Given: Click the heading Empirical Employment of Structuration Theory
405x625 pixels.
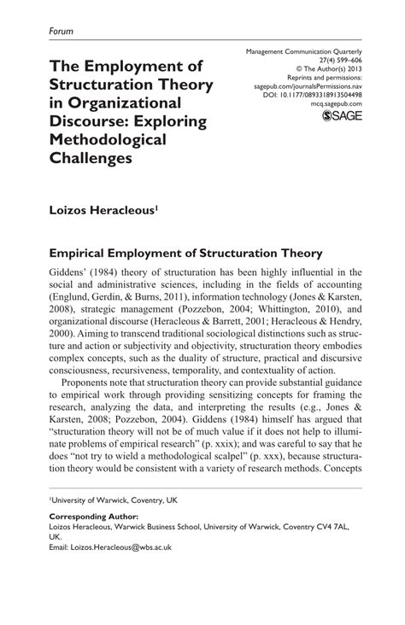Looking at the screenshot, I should [x=185, y=253].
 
